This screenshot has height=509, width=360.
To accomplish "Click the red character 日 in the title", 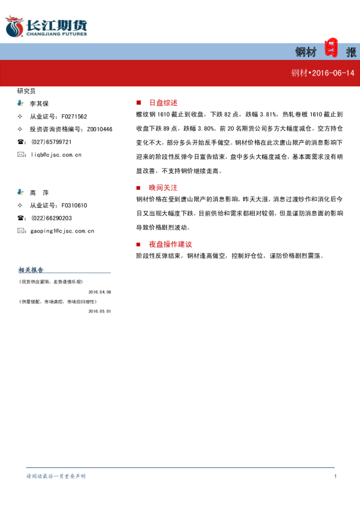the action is pos(331,48).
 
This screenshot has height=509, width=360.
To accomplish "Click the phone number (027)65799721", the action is pos(51,142).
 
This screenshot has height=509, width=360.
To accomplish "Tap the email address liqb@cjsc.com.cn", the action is pos(56,155).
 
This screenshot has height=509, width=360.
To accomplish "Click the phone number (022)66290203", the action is pos(51,218).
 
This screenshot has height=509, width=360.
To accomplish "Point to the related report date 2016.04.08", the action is pos(100,291).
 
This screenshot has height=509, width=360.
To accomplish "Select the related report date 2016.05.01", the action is pos(100,311).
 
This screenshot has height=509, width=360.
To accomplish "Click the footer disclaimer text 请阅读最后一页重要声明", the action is pos(56,476).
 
